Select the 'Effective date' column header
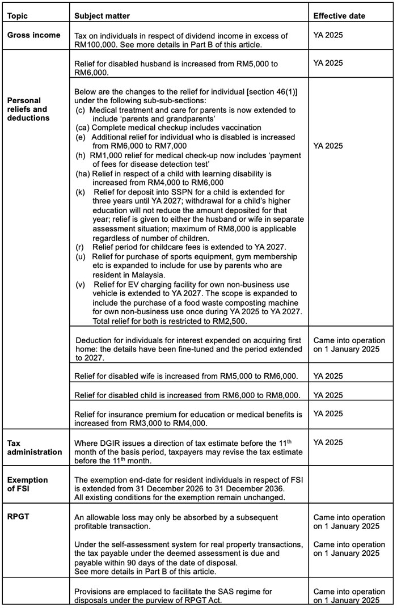point(339,15)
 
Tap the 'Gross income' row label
point(33,35)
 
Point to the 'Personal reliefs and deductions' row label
point(28,109)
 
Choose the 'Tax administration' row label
point(35,447)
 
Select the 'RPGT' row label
point(18,517)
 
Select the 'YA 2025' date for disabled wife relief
point(328,376)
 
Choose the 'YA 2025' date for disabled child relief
point(328,395)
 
